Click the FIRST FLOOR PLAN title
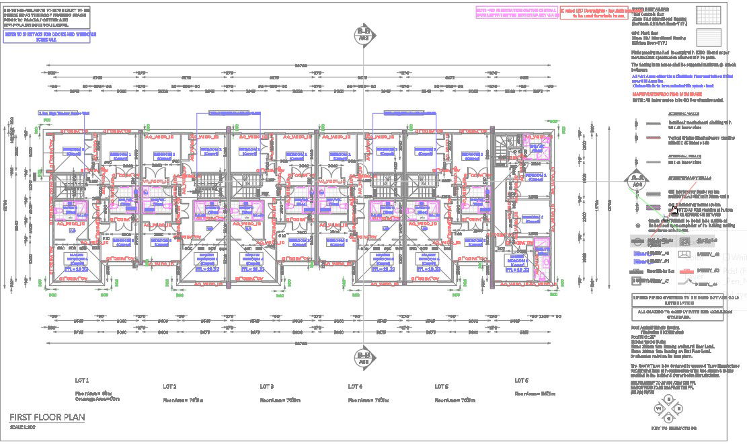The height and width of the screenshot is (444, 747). point(47,417)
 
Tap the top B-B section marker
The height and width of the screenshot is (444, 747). point(364,33)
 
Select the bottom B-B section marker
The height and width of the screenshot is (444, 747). point(364,355)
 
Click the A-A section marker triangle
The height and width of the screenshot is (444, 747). point(635,180)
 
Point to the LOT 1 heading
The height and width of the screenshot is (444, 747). point(82,380)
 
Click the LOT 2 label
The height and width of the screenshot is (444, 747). point(169,387)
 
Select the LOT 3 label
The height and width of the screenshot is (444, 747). point(267,387)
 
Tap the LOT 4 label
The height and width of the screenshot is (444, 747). point(355,387)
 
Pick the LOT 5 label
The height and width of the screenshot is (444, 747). point(441,387)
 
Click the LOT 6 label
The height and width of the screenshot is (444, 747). point(522,380)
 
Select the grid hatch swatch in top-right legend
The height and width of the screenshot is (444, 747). point(708,15)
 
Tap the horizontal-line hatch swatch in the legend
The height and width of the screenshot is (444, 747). point(708,36)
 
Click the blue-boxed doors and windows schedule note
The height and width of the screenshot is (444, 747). point(50,36)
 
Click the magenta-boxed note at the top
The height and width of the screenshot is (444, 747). point(516,12)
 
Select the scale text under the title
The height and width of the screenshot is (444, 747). point(23,427)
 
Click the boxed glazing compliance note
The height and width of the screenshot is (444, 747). point(677,313)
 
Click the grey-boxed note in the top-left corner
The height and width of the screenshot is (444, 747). point(48,17)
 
